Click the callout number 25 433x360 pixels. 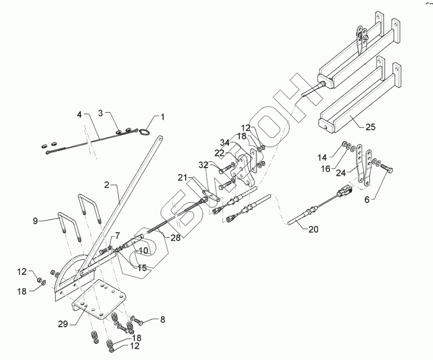coord(370,127)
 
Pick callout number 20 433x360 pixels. coord(313,229)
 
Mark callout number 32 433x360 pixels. coord(203,165)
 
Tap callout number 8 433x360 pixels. coord(162,319)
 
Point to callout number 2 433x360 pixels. coord(107,186)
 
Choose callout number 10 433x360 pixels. coord(143,250)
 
